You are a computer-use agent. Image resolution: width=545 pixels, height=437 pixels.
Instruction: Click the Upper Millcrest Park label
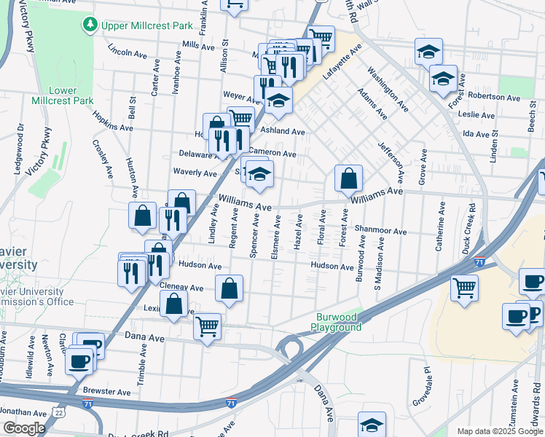pyautogui.click(x=147, y=26)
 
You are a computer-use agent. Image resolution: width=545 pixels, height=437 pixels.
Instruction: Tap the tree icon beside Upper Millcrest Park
pyautogui.click(x=90, y=26)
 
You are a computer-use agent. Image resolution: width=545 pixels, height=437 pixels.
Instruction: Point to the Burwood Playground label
pyautogui.click(x=339, y=322)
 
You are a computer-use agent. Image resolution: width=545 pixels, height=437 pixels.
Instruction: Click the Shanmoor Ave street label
pyautogui.click(x=380, y=231)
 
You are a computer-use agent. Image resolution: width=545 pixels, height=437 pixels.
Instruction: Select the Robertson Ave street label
pyautogui.click(x=494, y=97)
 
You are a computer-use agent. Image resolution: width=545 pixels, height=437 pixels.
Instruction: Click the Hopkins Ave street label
pyautogui.click(x=112, y=121)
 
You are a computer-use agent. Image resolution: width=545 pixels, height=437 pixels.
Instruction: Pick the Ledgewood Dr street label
pyautogui.click(x=19, y=138)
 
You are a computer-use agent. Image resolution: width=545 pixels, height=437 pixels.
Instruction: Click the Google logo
pyautogui.click(x=23, y=428)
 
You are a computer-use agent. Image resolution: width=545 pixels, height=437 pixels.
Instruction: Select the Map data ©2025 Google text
pyautogui.click(x=499, y=431)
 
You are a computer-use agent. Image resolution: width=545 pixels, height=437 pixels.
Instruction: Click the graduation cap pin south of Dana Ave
pyautogui.click(x=372, y=425)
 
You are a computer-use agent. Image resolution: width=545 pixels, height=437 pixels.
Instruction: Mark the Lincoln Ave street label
pyautogui.click(x=128, y=52)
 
